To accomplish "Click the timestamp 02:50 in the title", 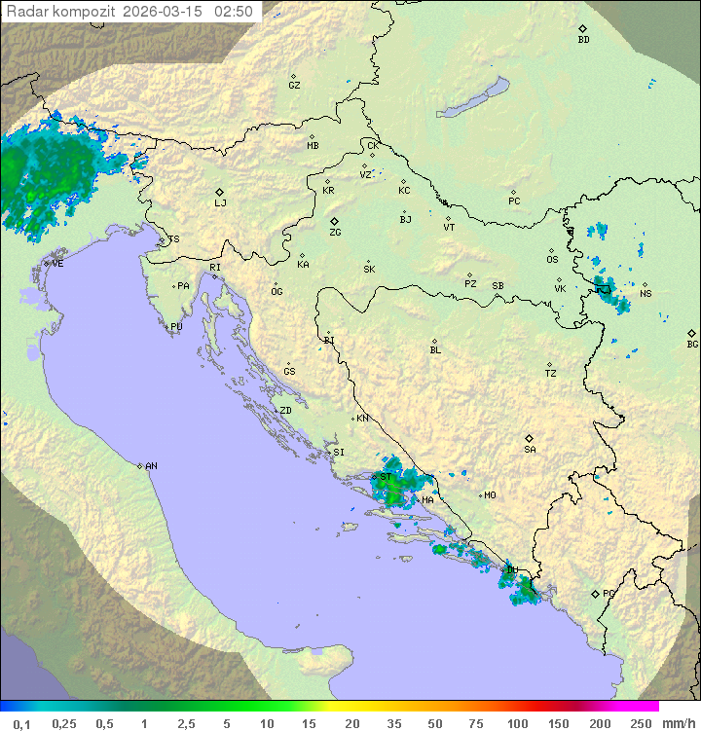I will [x=234, y=12].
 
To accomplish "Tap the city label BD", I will [x=583, y=40].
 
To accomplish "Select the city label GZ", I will [x=294, y=85].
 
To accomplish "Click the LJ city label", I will [x=220, y=202].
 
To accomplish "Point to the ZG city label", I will [x=335, y=233].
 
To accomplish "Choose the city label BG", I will [x=692, y=344].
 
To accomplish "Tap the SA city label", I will [x=530, y=449].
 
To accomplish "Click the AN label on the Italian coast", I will [x=151, y=466].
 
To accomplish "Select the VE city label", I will [x=57, y=264].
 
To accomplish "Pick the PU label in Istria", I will [x=176, y=327].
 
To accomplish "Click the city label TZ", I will [x=551, y=373].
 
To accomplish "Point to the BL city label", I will [x=435, y=349].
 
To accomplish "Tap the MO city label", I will [x=490, y=495].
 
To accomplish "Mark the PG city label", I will [x=609, y=593].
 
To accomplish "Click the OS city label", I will [x=552, y=260].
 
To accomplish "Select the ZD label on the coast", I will [x=285, y=411].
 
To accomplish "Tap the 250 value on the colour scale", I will [x=640, y=723].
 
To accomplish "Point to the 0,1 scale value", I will [x=21, y=723].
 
